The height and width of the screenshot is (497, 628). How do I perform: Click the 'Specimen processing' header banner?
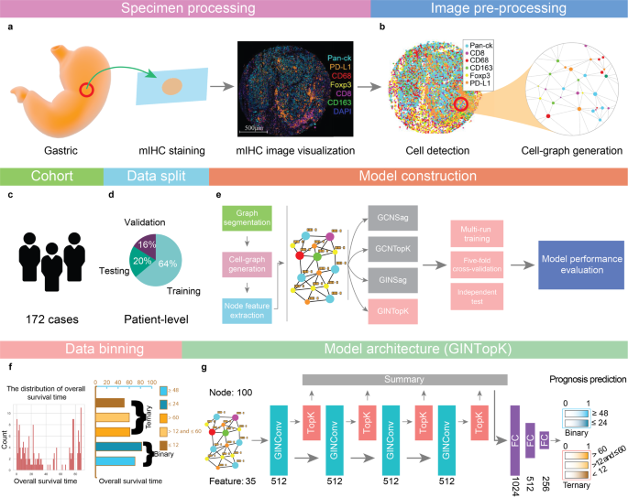pyautogui.click(x=183, y=9)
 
